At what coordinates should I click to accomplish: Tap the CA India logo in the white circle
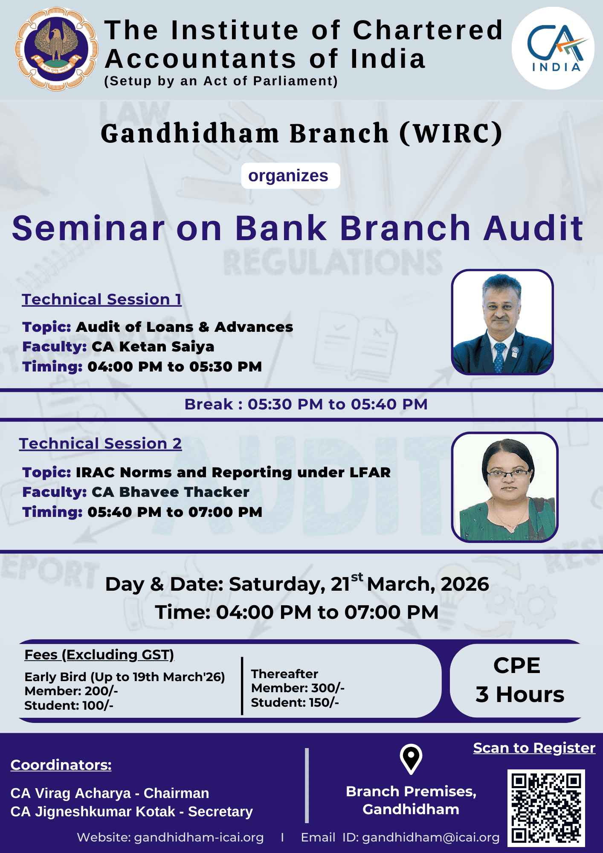[x=553, y=48]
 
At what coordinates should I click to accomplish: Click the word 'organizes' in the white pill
[x=288, y=176]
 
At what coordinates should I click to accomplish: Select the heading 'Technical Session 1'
[x=102, y=299]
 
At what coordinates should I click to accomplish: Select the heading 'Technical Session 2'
[x=101, y=444]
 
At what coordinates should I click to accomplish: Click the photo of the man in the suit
[x=502, y=322]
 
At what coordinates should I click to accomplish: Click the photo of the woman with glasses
[x=505, y=487]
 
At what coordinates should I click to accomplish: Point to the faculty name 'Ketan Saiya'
[x=167, y=347]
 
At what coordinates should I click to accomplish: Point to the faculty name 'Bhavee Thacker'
[x=184, y=492]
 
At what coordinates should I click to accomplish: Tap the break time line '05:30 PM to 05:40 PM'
[x=338, y=404]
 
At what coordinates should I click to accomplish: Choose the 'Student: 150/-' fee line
[x=295, y=702]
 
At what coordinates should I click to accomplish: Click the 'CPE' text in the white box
[x=517, y=665]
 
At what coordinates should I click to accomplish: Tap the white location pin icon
[x=411, y=759]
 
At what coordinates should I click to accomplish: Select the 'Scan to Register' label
[x=534, y=748]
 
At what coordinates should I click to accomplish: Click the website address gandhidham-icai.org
[x=199, y=837]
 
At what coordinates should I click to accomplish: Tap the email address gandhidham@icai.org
[x=431, y=837]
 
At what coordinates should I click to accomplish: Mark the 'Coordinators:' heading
[x=61, y=765]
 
